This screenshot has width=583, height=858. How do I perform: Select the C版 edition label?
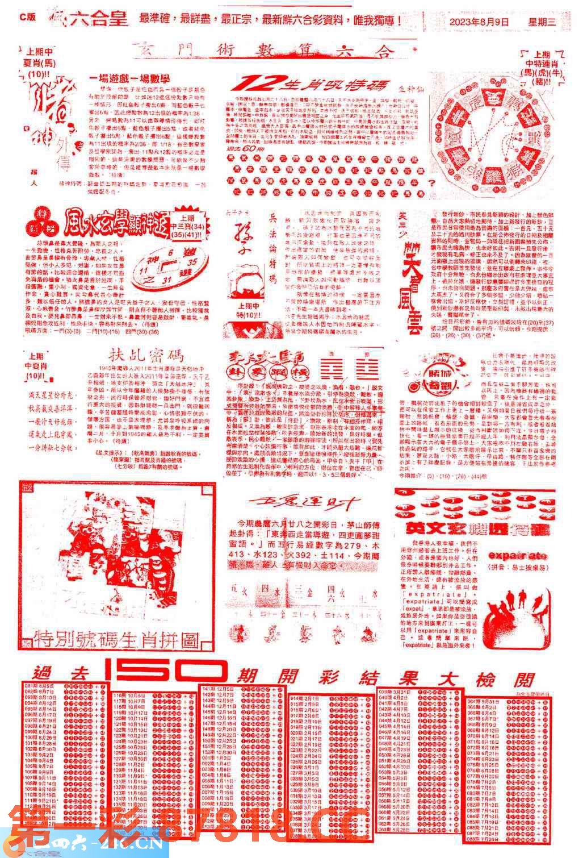pyautogui.click(x=27, y=17)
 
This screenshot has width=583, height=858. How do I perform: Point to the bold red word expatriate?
pyautogui.click(x=518, y=555)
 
